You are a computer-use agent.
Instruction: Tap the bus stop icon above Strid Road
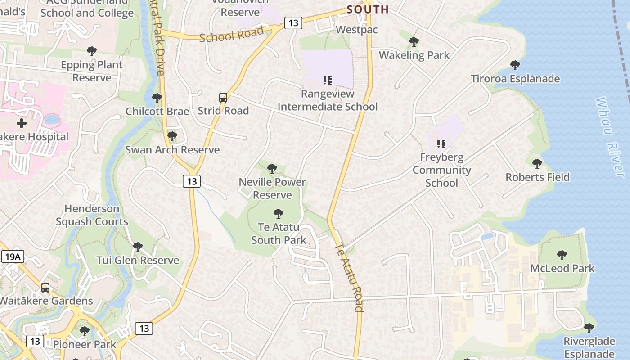(x=223, y=97)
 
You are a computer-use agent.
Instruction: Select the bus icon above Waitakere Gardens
(x=45, y=288)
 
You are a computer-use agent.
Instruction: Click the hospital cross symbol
(x=21, y=123)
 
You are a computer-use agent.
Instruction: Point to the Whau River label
(x=611, y=137)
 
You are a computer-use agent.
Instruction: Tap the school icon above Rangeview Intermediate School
(x=328, y=81)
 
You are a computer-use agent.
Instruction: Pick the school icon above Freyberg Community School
(x=441, y=144)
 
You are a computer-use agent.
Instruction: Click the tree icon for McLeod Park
(x=562, y=255)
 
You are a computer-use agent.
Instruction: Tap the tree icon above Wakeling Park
(x=414, y=42)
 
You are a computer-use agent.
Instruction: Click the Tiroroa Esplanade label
(x=515, y=79)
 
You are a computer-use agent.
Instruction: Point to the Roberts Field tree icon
(x=537, y=164)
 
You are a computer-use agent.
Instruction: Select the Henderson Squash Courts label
(x=92, y=215)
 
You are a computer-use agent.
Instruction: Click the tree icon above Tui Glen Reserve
(x=138, y=247)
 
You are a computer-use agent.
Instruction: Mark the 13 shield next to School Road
(x=293, y=23)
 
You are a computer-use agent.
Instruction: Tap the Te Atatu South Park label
(x=279, y=234)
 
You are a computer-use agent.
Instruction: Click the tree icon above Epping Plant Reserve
(x=92, y=51)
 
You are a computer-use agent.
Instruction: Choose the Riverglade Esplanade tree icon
(x=589, y=328)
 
